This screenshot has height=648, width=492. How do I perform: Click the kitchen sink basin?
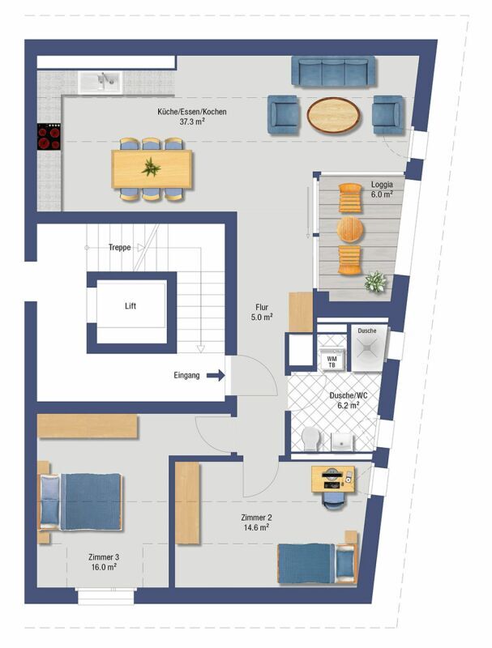(x=100, y=83)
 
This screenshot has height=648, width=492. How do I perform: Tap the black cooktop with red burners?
(x=49, y=137)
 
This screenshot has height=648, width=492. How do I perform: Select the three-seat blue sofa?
(x=333, y=71)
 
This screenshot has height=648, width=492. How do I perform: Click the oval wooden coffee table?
(x=333, y=114)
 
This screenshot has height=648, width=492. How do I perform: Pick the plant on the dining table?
(x=152, y=168)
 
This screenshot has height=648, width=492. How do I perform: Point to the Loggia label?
(x=382, y=185)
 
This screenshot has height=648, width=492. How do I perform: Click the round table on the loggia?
(x=350, y=229)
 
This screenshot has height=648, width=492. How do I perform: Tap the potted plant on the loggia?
(x=375, y=282)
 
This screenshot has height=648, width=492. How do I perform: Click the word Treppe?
(x=119, y=247)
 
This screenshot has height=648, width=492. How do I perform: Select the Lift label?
(x=130, y=306)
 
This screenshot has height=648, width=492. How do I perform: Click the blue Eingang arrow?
(x=216, y=375)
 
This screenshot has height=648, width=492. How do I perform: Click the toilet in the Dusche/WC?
(x=310, y=439)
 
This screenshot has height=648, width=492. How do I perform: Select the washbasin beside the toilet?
(x=342, y=441)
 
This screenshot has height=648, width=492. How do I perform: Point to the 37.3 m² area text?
(x=192, y=122)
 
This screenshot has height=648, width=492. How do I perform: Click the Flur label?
(x=262, y=307)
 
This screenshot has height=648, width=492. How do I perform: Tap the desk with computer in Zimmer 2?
(x=333, y=479)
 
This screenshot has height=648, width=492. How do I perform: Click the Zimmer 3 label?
(x=104, y=557)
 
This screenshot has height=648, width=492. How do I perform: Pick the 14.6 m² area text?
(x=256, y=527)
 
